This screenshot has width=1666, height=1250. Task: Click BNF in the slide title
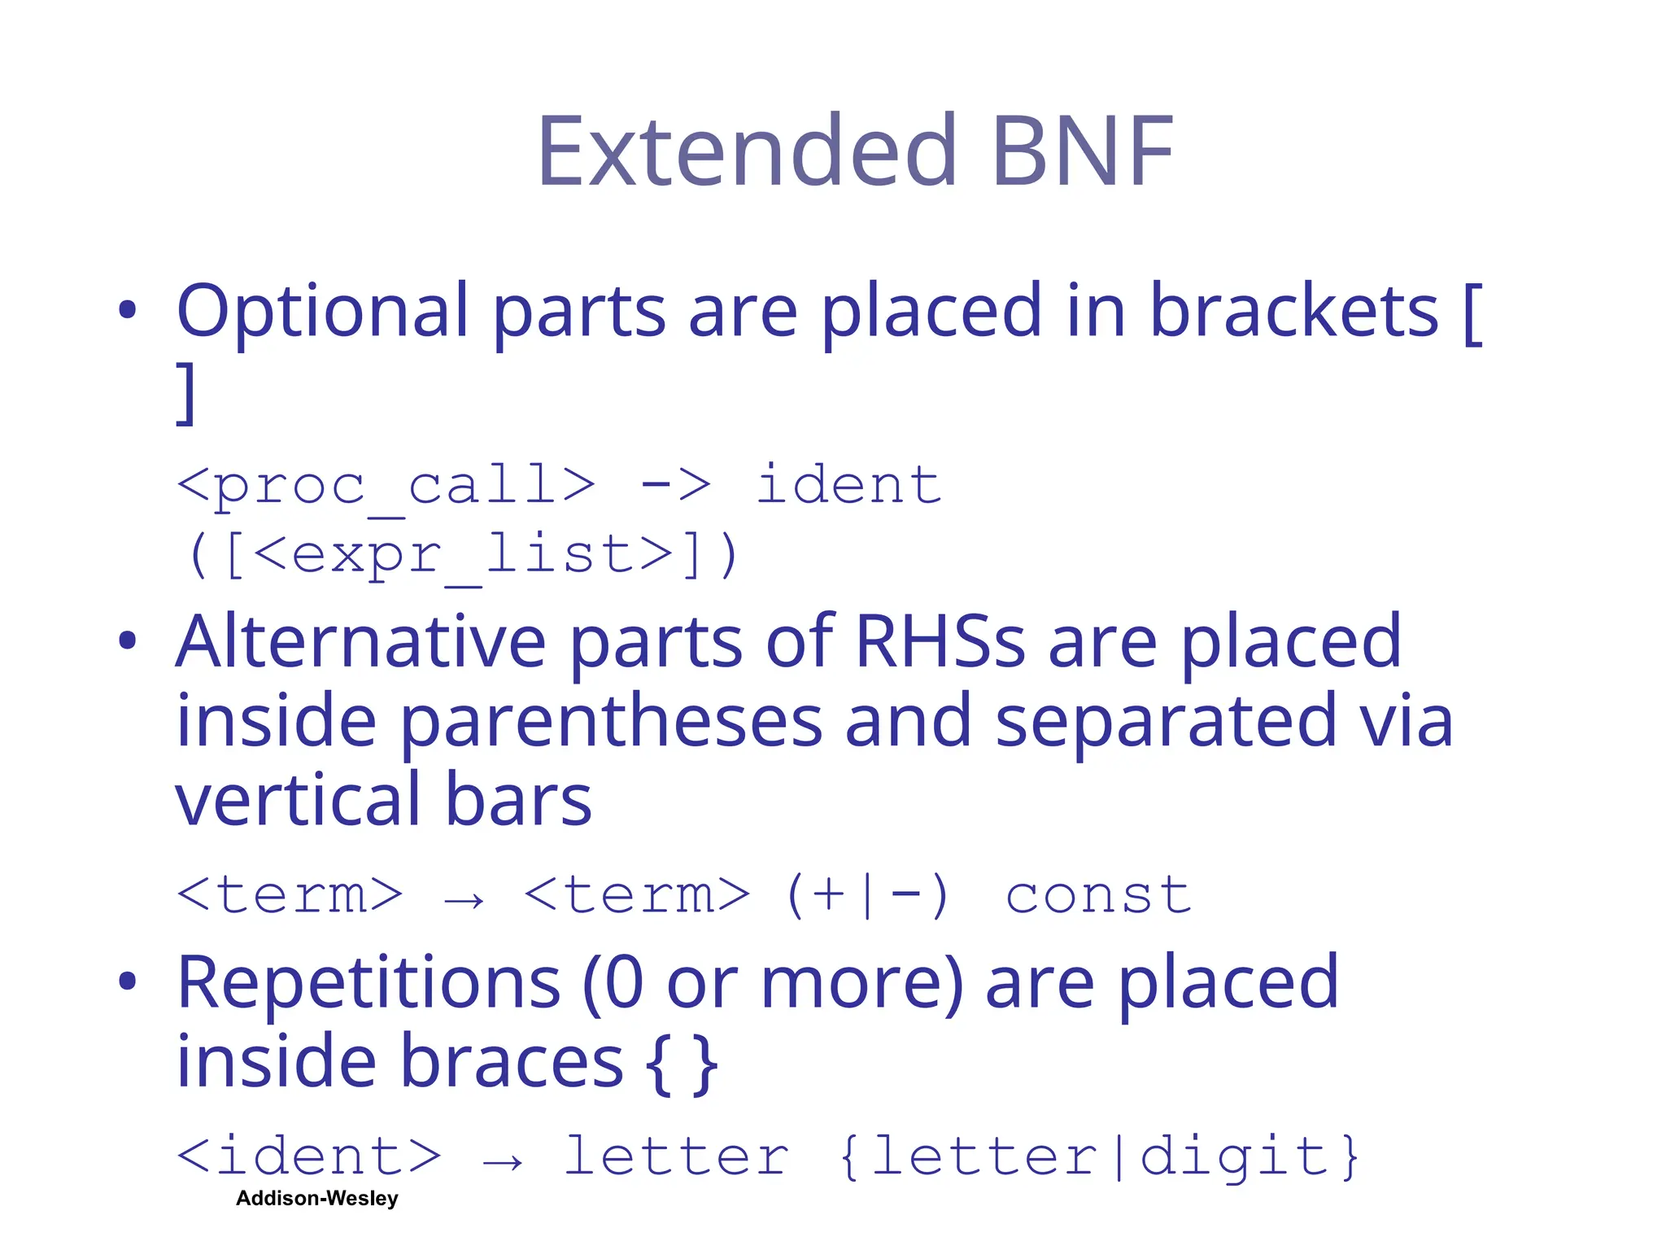coord(1083,152)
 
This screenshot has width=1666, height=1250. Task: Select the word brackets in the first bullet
coord(1293,312)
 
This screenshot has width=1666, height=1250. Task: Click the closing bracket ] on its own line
coord(186,393)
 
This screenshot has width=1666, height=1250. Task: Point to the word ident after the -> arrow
coord(848,486)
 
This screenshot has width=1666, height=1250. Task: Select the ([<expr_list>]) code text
coord(463,557)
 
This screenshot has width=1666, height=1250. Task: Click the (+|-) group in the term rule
coord(867,896)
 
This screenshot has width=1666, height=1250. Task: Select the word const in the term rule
coord(1098,896)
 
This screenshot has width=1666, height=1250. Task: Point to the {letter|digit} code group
coord(1099,1156)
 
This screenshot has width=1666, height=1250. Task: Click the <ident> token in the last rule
coord(309,1156)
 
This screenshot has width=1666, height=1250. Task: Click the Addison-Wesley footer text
coord(317,1199)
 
